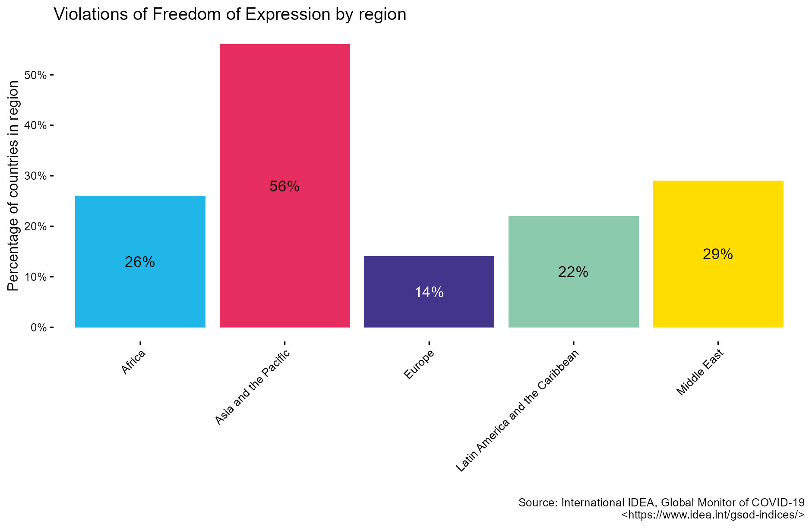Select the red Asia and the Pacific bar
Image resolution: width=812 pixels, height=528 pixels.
pyautogui.click(x=284, y=130)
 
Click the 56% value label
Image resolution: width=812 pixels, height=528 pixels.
pyautogui.click(x=284, y=186)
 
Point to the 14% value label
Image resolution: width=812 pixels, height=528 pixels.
pyautogui.click(x=429, y=293)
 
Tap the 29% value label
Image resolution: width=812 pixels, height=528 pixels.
pyautogui.click(x=717, y=254)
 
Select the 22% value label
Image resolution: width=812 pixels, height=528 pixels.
pyautogui.click(x=573, y=272)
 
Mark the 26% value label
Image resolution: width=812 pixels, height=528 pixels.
pyautogui.click(x=140, y=262)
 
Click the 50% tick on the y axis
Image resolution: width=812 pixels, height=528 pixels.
pyautogui.click(x=35, y=75)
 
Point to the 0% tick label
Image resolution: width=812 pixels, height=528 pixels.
pyautogui.click(x=38, y=328)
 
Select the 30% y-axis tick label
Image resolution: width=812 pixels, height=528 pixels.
pyautogui.click(x=35, y=176)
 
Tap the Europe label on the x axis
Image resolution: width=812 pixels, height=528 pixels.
pyautogui.click(x=419, y=366)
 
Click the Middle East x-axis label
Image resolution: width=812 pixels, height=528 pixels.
pyautogui.click(x=700, y=373)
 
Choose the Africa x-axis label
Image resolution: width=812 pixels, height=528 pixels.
pyautogui.click(x=133, y=363)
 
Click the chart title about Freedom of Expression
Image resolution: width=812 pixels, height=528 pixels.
pyautogui.click(x=230, y=14)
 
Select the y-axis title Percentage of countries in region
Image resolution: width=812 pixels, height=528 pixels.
pyautogui.click(x=13, y=186)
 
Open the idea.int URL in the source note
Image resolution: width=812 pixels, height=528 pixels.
pyautogui.click(x=712, y=515)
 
